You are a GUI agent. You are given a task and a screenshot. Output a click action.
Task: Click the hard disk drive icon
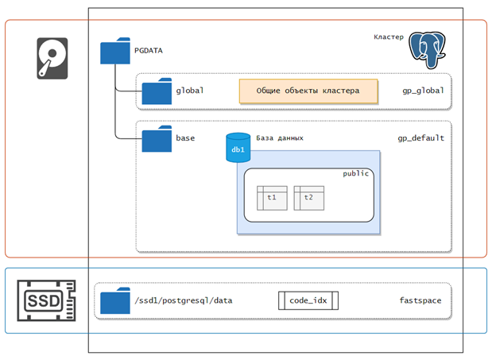click(x=52, y=58)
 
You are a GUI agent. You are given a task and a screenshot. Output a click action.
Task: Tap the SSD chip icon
click(x=46, y=300)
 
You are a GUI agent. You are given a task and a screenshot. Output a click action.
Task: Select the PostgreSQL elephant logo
click(x=427, y=50)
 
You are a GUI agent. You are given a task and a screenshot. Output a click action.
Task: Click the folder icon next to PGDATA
click(x=115, y=51)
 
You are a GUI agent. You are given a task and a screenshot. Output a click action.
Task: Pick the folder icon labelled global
click(x=157, y=91)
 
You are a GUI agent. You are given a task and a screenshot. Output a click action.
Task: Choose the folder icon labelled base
click(x=157, y=138)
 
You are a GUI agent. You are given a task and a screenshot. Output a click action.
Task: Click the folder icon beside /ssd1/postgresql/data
click(x=115, y=300)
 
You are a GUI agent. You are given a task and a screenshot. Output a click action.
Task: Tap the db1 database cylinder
click(x=238, y=148)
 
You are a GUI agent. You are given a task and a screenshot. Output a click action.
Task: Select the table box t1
click(x=272, y=198)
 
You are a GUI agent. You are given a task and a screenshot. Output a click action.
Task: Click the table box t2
click(x=308, y=198)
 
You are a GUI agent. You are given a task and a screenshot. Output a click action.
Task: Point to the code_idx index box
click(x=308, y=300)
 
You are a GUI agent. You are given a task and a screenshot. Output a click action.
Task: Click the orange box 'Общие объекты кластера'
click(x=308, y=91)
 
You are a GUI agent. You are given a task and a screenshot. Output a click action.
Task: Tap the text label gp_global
click(x=423, y=91)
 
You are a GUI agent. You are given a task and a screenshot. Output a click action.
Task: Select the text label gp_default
click(x=421, y=138)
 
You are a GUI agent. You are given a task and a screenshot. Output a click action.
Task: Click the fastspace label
click(x=420, y=300)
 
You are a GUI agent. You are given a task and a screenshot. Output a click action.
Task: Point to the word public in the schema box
click(x=356, y=174)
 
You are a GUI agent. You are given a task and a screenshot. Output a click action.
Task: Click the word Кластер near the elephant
click(x=389, y=37)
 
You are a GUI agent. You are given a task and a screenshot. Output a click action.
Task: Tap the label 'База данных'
click(x=280, y=138)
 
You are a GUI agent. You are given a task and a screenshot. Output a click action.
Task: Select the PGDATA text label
click(x=149, y=51)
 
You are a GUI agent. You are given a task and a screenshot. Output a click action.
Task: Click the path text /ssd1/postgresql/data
click(x=184, y=300)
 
